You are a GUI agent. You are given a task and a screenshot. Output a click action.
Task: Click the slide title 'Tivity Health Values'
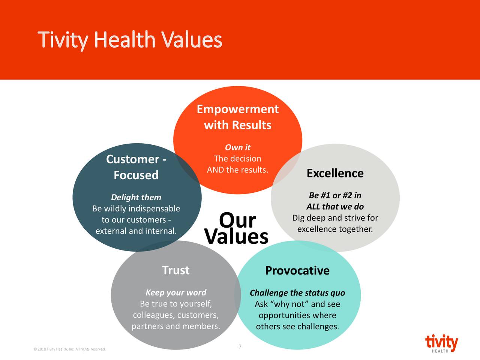130,40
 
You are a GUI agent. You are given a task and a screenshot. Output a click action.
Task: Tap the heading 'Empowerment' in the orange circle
237,109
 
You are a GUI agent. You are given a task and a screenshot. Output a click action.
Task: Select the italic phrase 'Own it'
237,147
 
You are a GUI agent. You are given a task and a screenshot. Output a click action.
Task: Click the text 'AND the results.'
237,170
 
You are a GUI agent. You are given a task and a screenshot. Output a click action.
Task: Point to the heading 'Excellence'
335,173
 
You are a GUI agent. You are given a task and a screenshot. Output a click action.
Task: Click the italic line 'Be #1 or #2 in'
335,195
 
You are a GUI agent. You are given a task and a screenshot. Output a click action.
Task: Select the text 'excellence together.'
335,229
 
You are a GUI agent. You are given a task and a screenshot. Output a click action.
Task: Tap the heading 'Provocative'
297,270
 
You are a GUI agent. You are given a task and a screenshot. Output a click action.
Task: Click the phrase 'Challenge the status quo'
297,293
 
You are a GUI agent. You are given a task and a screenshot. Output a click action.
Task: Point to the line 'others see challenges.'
297,327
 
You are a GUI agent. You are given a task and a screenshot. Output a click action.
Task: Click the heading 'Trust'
175,270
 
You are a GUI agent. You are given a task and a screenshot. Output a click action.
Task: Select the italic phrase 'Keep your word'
175,292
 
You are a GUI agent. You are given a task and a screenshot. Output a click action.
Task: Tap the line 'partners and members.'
175,326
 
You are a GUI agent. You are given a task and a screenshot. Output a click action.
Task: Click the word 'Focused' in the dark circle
136,175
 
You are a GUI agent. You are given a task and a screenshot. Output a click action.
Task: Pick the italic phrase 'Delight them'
136,197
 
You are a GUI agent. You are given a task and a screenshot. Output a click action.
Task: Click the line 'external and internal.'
136,231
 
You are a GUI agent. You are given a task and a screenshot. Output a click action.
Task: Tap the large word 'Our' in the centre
237,220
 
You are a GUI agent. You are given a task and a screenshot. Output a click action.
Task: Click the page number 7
240,346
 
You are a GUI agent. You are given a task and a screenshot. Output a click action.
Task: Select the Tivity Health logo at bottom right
441,343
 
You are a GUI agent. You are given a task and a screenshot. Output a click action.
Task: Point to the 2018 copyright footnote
69,349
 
